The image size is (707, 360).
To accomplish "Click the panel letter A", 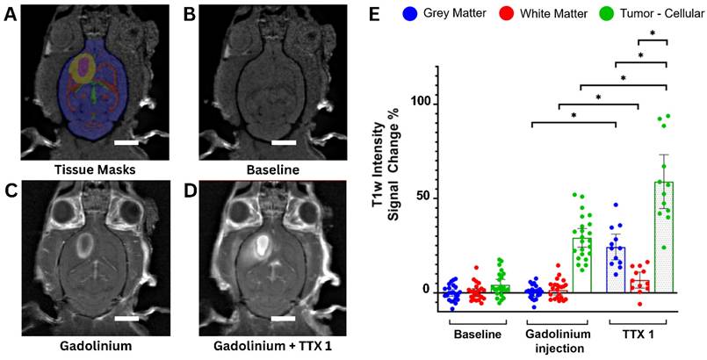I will [11, 12].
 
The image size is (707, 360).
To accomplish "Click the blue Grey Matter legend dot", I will [410, 14].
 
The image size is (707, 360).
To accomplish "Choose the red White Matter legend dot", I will [503, 14].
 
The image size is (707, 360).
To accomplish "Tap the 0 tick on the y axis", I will [425, 291].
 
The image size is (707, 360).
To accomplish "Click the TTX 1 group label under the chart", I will [631, 335].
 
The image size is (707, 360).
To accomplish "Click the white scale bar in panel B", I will [283, 141].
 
